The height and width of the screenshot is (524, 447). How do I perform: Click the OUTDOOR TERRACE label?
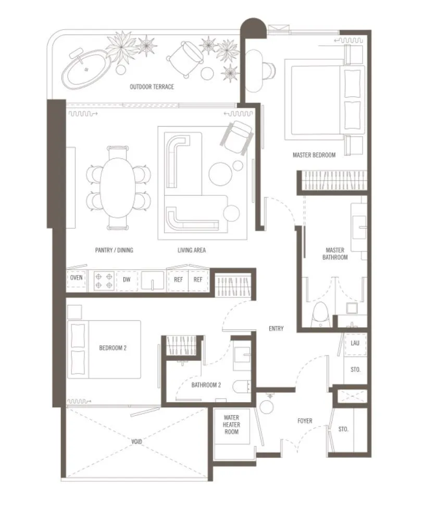click(152, 87)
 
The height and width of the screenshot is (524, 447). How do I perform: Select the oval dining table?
click(118, 188)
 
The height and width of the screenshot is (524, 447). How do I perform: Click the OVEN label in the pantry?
click(76, 278)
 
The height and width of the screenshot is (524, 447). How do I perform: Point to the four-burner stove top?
click(104, 281)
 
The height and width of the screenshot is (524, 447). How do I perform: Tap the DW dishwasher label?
click(127, 280)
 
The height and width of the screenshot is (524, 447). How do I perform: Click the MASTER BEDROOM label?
click(314, 155)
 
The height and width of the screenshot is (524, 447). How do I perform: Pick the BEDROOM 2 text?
click(113, 348)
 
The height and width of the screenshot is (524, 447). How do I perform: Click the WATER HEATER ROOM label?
click(231, 425)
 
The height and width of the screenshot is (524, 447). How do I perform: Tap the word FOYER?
click(305, 421)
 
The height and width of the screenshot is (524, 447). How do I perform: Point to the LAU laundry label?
click(355, 343)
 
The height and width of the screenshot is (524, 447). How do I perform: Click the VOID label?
click(136, 442)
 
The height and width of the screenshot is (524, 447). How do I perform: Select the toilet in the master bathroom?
click(320, 315)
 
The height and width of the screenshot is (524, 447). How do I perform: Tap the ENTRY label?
click(276, 329)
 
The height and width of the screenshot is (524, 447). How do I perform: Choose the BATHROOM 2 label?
click(206, 385)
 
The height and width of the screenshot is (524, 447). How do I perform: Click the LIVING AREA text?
click(192, 251)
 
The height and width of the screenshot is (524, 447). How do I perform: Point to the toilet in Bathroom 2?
click(241, 387)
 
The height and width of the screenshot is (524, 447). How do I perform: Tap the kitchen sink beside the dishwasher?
click(153, 280)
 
